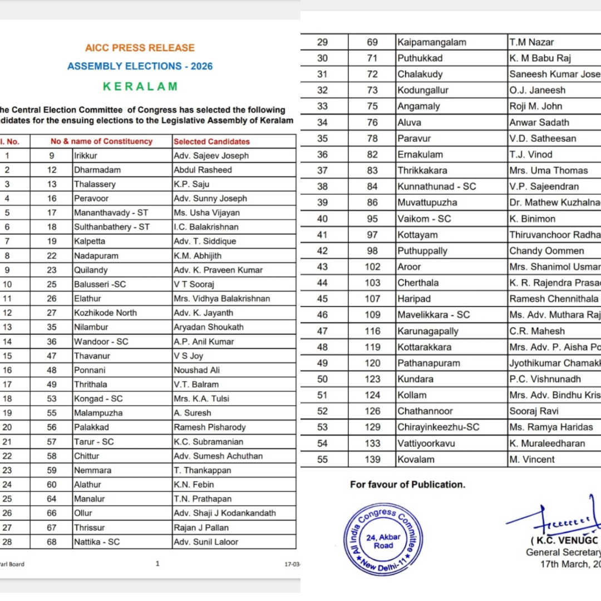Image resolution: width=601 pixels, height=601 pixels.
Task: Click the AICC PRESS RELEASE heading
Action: (x=140, y=48)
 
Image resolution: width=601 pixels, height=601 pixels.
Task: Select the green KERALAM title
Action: (x=140, y=86)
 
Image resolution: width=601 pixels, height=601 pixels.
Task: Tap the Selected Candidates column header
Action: (x=211, y=141)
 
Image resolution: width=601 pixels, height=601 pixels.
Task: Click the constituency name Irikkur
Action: (x=86, y=156)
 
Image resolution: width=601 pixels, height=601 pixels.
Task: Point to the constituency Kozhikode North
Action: (x=105, y=313)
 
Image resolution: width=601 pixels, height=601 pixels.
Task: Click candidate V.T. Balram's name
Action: (x=196, y=385)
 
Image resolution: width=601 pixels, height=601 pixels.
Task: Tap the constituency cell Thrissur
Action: (x=89, y=528)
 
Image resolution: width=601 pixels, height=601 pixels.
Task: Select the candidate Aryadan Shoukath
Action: (x=208, y=327)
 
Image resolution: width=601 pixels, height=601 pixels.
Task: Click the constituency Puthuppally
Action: (x=422, y=251)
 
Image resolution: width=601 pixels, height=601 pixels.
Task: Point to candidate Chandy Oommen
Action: (x=546, y=251)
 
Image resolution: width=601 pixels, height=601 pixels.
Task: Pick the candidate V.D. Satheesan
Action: (x=543, y=139)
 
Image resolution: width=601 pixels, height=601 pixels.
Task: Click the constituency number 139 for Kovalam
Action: (x=372, y=460)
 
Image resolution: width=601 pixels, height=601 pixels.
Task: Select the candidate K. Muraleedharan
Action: (x=547, y=444)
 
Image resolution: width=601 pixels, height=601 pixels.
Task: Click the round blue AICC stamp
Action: (x=380, y=538)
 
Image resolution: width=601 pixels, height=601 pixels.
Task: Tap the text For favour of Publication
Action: (x=407, y=485)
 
